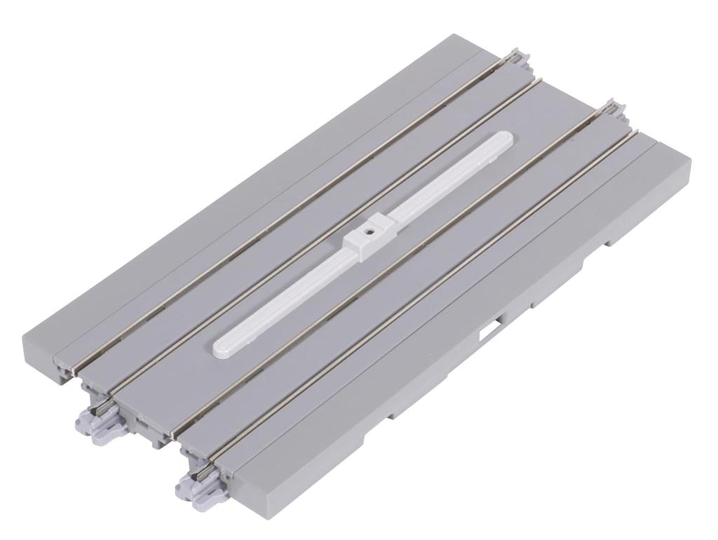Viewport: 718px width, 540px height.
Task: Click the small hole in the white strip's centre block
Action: pyautogui.click(x=367, y=229)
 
